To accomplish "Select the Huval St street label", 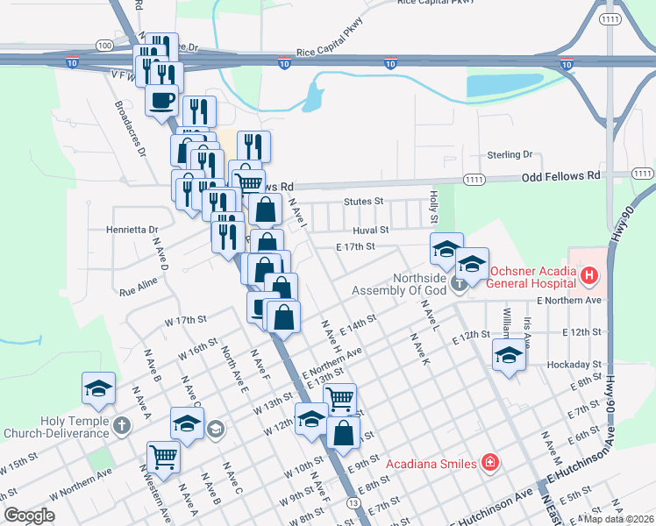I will click(x=372, y=229).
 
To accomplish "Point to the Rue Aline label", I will click(x=138, y=281).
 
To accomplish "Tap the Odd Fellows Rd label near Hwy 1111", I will click(x=560, y=175).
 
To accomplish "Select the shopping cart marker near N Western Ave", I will click(x=163, y=455).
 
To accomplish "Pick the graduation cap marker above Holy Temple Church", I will click(x=98, y=387).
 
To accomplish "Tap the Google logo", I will click(x=29, y=515).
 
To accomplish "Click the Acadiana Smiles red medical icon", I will click(x=489, y=463).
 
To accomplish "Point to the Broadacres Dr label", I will click(x=129, y=127).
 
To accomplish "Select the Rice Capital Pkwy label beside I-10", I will click(x=329, y=52).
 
